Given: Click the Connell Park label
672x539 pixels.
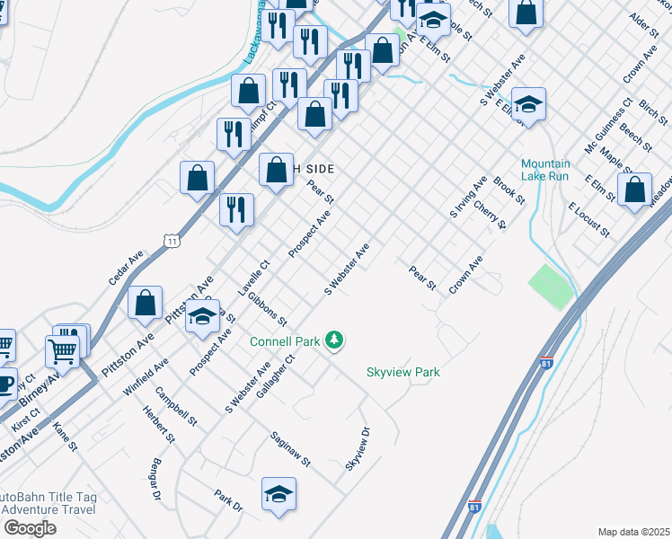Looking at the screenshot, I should click(x=286, y=341).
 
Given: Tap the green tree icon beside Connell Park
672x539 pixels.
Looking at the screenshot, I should click(x=335, y=340).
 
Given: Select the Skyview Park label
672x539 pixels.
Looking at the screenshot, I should click(x=402, y=372).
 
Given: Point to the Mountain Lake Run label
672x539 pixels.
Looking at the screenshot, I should click(x=545, y=170).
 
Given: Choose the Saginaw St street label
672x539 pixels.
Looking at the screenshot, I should click(x=290, y=449).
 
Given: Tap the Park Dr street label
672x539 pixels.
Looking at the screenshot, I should click(x=228, y=501).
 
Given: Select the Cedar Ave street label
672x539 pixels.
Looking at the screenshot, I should click(x=126, y=268).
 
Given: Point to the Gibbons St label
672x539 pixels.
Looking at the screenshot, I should click(x=268, y=308).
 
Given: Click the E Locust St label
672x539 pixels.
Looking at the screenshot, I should click(x=588, y=220).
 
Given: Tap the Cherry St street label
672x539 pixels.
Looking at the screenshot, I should click(x=491, y=216).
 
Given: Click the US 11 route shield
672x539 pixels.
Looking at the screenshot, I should click(x=171, y=239).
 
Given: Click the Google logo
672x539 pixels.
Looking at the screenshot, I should click(x=29, y=528).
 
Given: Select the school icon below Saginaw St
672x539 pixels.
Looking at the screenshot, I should click(x=279, y=494).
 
